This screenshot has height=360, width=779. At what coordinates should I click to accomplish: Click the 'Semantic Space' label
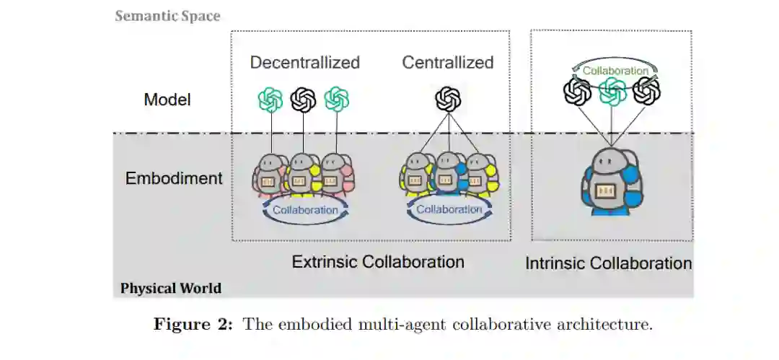pyautogui.click(x=167, y=16)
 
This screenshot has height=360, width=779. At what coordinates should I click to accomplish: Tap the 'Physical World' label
pyautogui.click(x=170, y=289)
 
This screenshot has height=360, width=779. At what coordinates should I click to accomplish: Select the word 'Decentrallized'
pyautogui.click(x=304, y=63)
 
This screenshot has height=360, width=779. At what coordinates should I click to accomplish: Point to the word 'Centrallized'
pyautogui.click(x=447, y=63)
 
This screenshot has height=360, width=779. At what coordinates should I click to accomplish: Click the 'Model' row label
pyautogui.click(x=167, y=100)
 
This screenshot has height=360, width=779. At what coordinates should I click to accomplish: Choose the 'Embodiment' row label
pyautogui.click(x=174, y=178)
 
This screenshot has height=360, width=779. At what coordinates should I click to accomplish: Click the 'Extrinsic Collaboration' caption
pyautogui.click(x=377, y=261)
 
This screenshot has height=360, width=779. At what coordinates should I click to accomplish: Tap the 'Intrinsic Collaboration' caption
pyautogui.click(x=608, y=263)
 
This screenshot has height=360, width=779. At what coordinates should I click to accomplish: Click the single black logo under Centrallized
pyautogui.click(x=448, y=99)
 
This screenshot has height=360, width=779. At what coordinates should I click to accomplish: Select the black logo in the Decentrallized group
pyautogui.click(x=303, y=100)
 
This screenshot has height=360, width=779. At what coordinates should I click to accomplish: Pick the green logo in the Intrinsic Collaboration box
pyautogui.click(x=612, y=91)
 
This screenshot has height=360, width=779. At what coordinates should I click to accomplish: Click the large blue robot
pyautogui.click(x=611, y=183)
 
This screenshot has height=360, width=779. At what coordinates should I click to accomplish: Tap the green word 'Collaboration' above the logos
pyautogui.click(x=615, y=71)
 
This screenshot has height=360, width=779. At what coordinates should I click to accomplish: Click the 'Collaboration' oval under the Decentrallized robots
pyautogui.click(x=304, y=210)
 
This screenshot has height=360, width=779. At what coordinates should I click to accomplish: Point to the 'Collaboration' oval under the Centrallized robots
pyautogui.click(x=449, y=209)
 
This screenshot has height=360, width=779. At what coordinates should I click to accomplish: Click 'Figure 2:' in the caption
pyautogui.click(x=193, y=324)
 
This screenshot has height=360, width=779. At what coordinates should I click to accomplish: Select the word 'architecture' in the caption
pyautogui.click(x=612, y=324)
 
